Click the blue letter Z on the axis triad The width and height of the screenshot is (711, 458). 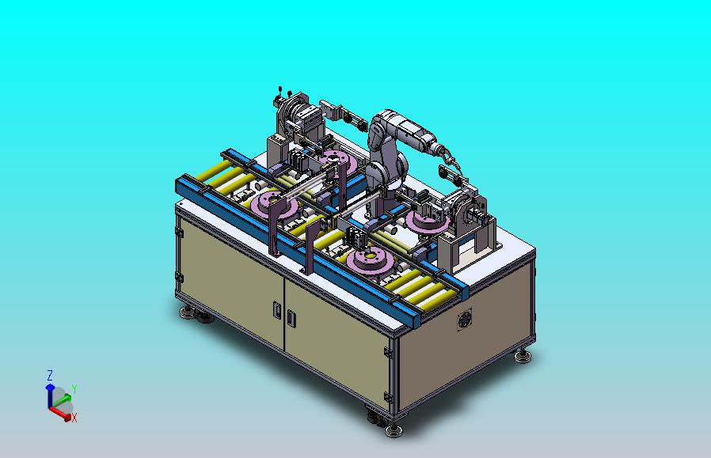click(50, 375)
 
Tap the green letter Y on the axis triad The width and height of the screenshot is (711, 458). click(74, 388)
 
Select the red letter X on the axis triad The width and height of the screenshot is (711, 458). click(74, 418)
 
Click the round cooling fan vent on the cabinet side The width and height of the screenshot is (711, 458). click(464, 320)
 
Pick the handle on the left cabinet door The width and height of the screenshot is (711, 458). click(277, 309)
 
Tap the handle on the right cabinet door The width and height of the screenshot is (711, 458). click(291, 317)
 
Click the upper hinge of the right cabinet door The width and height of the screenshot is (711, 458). click(388, 352)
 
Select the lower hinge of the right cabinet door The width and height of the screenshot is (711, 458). click(388, 398)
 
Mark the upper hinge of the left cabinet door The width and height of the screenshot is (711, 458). click(179, 233)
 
